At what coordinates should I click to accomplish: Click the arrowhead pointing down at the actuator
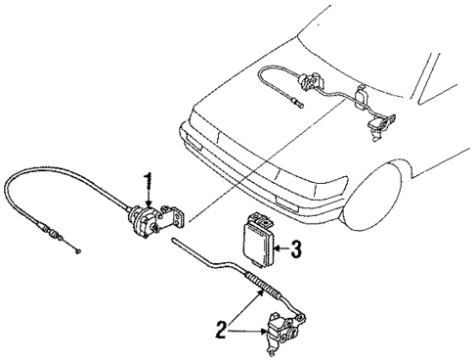pos(149,202)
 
